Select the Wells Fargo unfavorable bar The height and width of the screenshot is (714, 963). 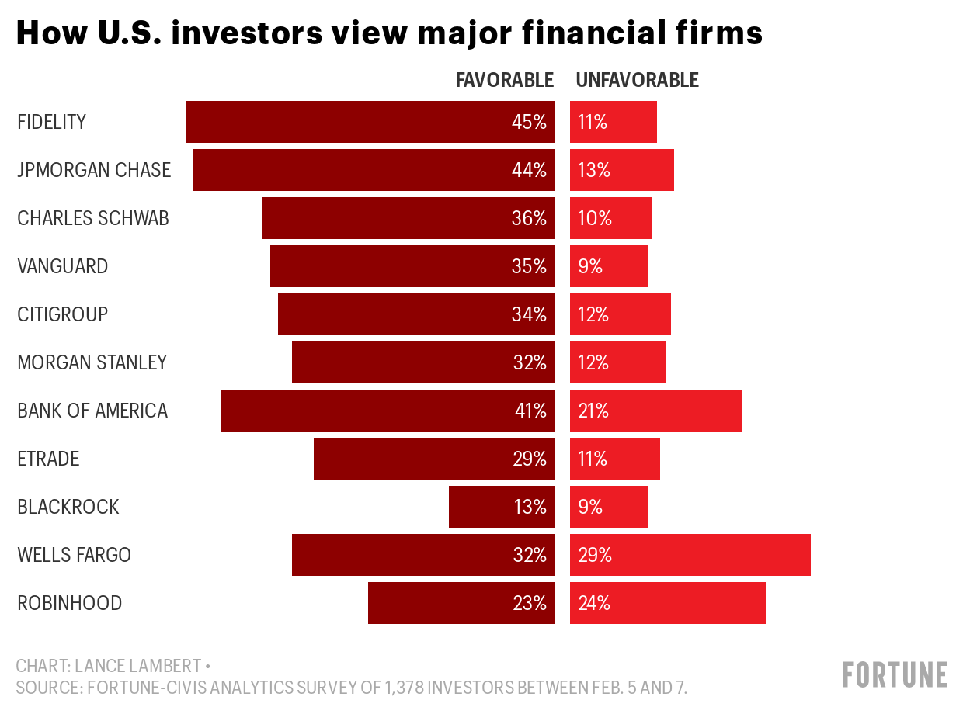(x=691, y=555)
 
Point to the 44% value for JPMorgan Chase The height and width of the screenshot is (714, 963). (x=529, y=170)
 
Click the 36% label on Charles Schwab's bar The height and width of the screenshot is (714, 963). (x=529, y=218)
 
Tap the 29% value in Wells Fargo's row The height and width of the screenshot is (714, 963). (x=595, y=555)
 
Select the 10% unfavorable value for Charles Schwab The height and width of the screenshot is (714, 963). (x=595, y=218)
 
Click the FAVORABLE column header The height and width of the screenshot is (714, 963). (x=504, y=80)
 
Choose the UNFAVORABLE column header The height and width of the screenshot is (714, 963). (x=637, y=80)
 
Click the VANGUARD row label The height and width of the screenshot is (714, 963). (x=63, y=266)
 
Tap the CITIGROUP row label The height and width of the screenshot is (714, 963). (x=63, y=314)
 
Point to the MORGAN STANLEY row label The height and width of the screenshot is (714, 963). (x=92, y=362)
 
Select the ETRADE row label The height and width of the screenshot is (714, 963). (x=48, y=459)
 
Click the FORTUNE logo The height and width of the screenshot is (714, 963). (x=895, y=674)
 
